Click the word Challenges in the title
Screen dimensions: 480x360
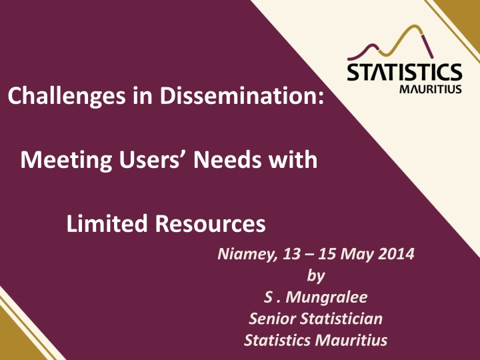coord(67,97)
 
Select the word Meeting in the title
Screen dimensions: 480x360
coord(66,161)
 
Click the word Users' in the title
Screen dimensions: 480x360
coord(153,159)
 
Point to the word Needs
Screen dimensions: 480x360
coord(227,159)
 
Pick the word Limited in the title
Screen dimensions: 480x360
coord(107,223)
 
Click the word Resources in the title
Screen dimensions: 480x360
coord(210,223)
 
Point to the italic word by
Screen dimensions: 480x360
coord(315,276)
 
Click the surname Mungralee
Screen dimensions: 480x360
coord(326,297)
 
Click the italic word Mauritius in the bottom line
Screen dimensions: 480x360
coord(351,341)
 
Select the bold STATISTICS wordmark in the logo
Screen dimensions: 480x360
coord(405,72)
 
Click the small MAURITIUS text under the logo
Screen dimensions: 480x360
coord(431,89)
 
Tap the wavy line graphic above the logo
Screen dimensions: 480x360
coord(390,43)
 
